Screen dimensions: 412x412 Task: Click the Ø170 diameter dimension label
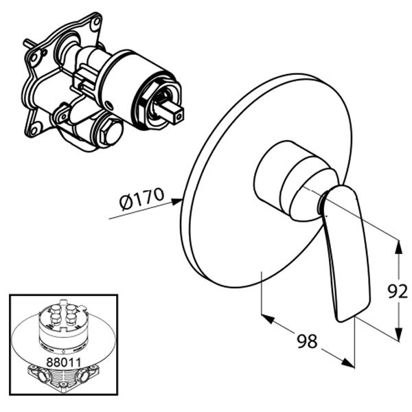pos(141,198)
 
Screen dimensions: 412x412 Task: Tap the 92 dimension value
pos(398,292)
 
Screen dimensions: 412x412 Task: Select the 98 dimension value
pos(307,341)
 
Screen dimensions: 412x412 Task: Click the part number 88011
pos(63,363)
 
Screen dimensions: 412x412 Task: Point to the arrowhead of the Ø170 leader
pos(177,202)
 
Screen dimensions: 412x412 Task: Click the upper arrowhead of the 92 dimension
pos(399,247)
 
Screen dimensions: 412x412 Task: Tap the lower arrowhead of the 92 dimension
pos(399,334)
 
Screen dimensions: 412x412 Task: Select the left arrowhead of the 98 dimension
pos(268,319)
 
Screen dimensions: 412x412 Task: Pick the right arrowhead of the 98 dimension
pos(347,363)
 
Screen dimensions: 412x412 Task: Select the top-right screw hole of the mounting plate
pos(97,21)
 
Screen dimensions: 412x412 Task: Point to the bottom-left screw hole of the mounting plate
pos(34,130)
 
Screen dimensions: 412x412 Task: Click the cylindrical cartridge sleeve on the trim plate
pos(292,181)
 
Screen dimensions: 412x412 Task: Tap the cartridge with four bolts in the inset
pos(63,327)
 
